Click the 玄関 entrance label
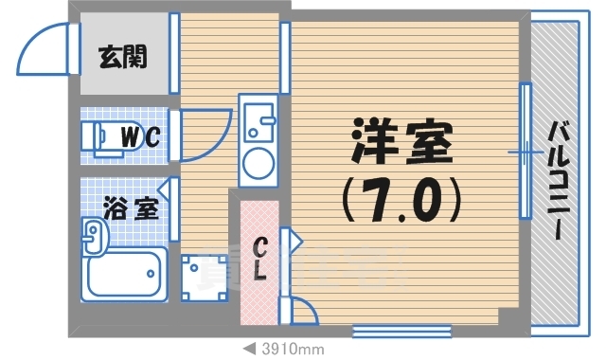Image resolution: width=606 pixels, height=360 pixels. [x=122, y=57]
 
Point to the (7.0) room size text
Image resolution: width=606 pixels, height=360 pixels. [x=401, y=197]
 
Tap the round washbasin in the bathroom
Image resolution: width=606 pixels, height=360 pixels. [x=93, y=236]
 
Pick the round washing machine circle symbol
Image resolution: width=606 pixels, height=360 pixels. [x=257, y=164]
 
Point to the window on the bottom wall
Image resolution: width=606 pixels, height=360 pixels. [x=388, y=330]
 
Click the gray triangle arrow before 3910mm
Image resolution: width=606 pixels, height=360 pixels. [x=248, y=349]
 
